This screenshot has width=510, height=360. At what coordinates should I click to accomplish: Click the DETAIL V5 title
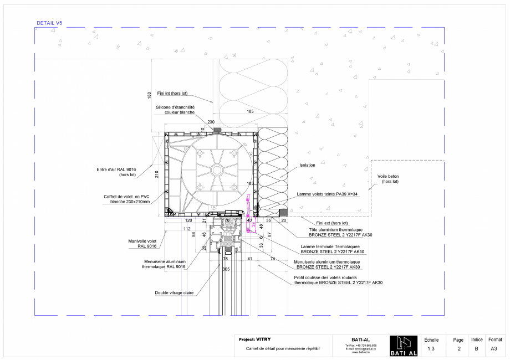49,23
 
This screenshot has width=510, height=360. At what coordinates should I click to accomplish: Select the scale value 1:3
431,349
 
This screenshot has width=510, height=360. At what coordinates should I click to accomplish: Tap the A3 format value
494,349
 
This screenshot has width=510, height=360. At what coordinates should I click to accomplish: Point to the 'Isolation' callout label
307,165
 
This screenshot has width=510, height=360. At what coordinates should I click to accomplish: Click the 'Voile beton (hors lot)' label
388,179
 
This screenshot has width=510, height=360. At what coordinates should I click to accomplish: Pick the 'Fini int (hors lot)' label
173,94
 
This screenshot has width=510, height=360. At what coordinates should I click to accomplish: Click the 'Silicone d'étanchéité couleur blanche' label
175,110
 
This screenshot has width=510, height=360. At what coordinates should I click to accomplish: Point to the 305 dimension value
226,269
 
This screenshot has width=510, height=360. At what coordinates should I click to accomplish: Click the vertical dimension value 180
149,95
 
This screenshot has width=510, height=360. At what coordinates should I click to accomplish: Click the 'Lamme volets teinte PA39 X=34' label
328,194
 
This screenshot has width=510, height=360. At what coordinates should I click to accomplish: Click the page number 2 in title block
459,349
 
